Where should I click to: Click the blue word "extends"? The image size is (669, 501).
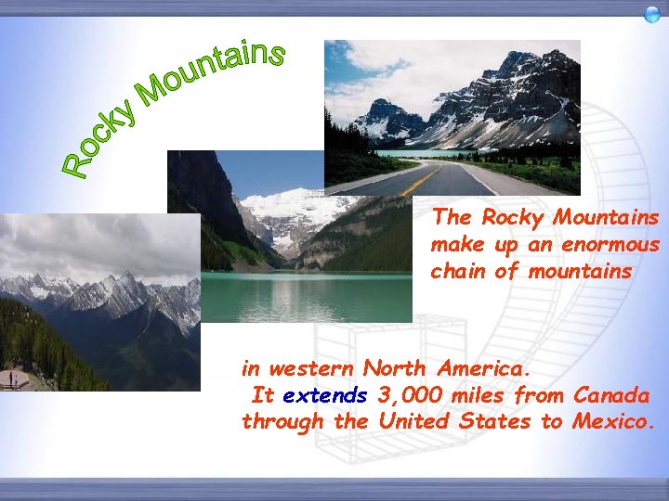tap(325, 396)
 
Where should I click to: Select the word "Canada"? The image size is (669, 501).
tap(610, 396)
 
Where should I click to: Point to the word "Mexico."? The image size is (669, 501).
tap(614, 422)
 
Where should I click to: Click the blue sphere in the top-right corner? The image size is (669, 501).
tap(652, 13)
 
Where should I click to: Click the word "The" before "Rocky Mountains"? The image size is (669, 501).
tap(453, 219)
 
